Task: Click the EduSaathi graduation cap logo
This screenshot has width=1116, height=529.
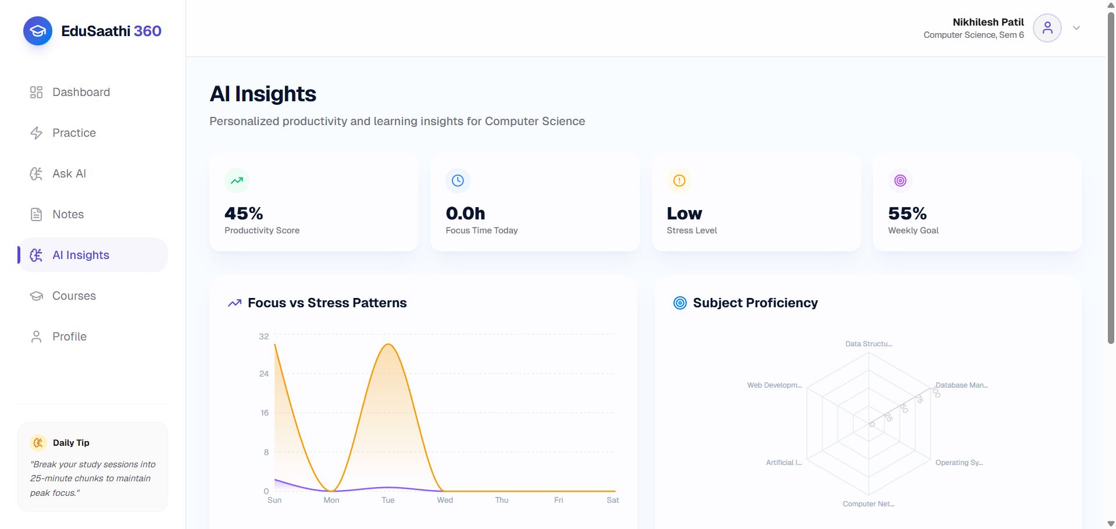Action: pyautogui.click(x=38, y=31)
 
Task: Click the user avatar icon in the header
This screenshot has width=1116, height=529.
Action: pyautogui.click(x=1047, y=28)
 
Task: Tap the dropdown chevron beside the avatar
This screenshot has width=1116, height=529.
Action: pyautogui.click(x=1076, y=28)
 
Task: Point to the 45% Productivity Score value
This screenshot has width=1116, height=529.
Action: pyautogui.click(x=244, y=214)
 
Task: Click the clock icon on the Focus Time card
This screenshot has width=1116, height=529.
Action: pyautogui.click(x=458, y=180)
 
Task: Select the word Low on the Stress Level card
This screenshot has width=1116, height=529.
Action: pyautogui.click(x=684, y=214)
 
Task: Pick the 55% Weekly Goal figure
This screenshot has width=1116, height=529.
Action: pyautogui.click(x=907, y=214)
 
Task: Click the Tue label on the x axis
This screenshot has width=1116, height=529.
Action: pyautogui.click(x=388, y=500)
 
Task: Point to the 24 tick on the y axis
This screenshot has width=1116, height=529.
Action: pyautogui.click(x=264, y=374)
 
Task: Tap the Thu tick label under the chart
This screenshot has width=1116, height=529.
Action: pyautogui.click(x=502, y=500)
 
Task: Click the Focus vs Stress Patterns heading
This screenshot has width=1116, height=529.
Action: pyautogui.click(x=327, y=303)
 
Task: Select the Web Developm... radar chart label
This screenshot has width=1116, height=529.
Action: pyautogui.click(x=775, y=385)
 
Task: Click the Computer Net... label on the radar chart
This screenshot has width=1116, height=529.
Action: pyautogui.click(x=869, y=504)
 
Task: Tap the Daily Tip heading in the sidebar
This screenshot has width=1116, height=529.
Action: pyautogui.click(x=71, y=443)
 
